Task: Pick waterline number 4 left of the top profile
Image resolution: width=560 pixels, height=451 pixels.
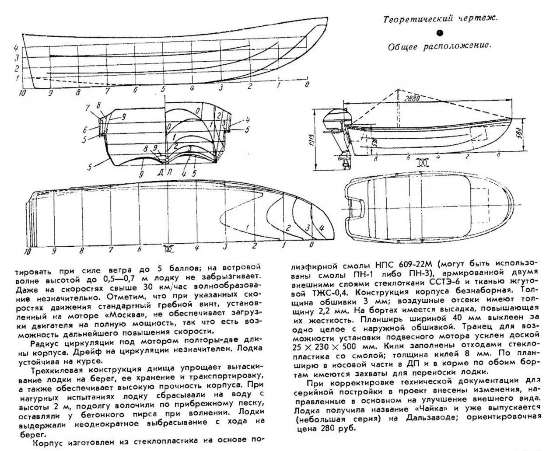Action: point(16,47)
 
